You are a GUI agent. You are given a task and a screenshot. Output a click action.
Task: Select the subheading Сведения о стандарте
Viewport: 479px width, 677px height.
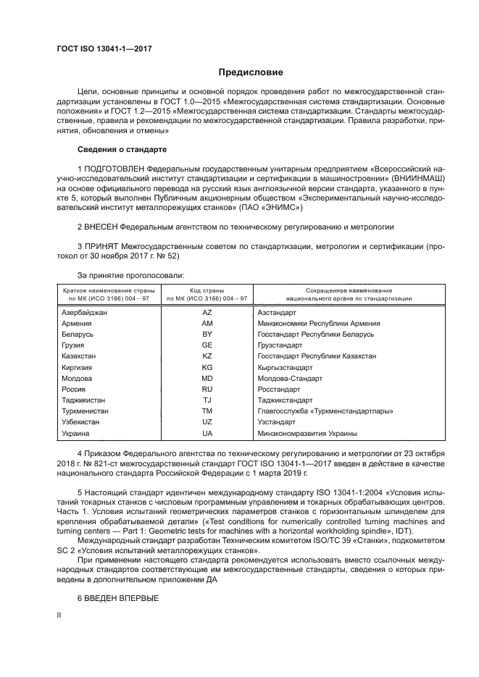tap(122, 149)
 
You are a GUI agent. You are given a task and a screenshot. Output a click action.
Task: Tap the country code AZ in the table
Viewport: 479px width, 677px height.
tap(207, 312)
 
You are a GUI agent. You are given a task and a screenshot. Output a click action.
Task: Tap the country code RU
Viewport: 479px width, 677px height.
tap(207, 389)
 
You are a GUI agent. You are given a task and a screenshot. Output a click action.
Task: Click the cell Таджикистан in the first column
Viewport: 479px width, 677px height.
tap(84, 400)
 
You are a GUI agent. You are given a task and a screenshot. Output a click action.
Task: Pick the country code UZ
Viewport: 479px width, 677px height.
tap(207, 421)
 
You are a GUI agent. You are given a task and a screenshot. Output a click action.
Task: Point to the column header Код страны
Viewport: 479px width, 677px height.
tap(207, 290)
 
